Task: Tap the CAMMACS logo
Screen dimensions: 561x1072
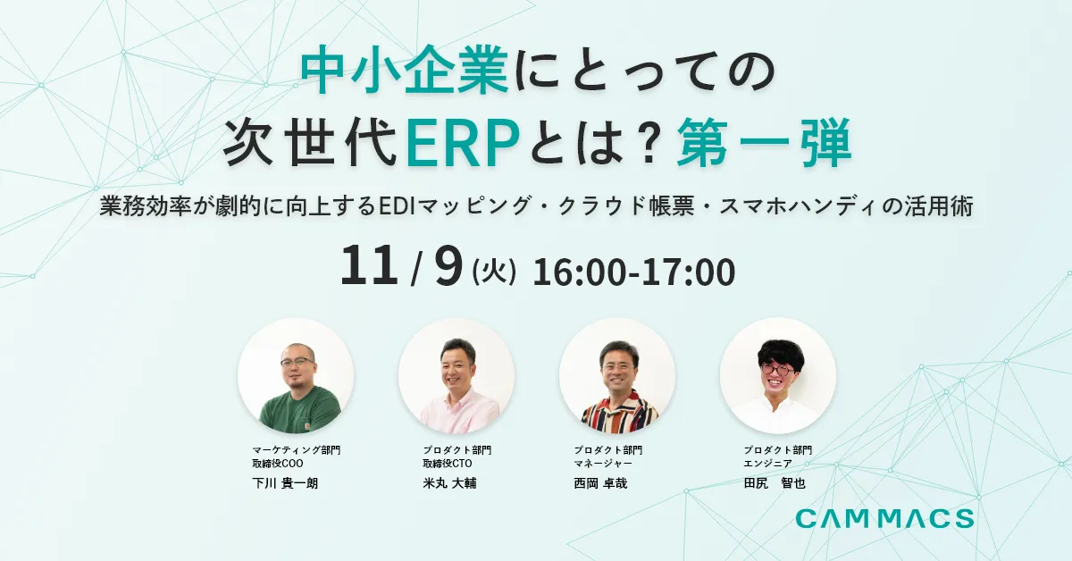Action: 884,518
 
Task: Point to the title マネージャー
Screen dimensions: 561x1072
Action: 603,464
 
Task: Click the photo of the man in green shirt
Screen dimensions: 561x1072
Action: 296,376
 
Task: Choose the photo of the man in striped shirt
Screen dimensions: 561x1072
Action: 617,376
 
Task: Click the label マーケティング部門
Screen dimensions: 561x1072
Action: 296,449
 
